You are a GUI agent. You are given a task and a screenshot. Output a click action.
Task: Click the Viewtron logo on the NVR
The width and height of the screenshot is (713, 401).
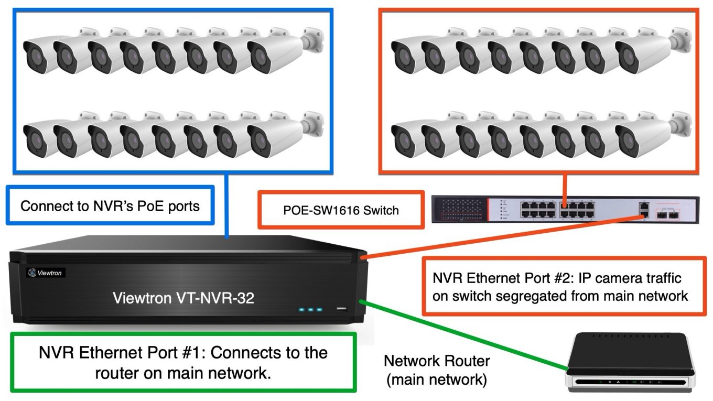tap(46, 273)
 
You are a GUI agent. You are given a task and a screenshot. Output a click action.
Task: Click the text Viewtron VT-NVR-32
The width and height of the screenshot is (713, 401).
tap(183, 298)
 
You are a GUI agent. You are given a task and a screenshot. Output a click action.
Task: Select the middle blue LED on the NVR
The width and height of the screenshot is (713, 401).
tap(311, 310)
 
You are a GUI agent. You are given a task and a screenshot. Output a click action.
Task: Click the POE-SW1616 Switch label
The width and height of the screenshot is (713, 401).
tap(341, 210)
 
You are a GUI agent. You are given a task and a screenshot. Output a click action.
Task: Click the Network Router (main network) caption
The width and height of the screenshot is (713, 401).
tap(437, 370)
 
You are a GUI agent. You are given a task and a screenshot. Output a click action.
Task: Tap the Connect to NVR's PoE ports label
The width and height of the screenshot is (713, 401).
tap(110, 205)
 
